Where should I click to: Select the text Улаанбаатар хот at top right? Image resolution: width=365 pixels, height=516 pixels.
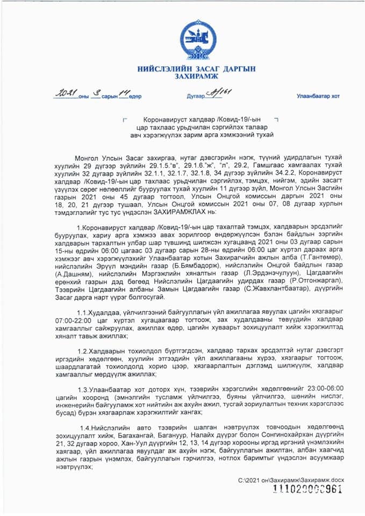318,96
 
